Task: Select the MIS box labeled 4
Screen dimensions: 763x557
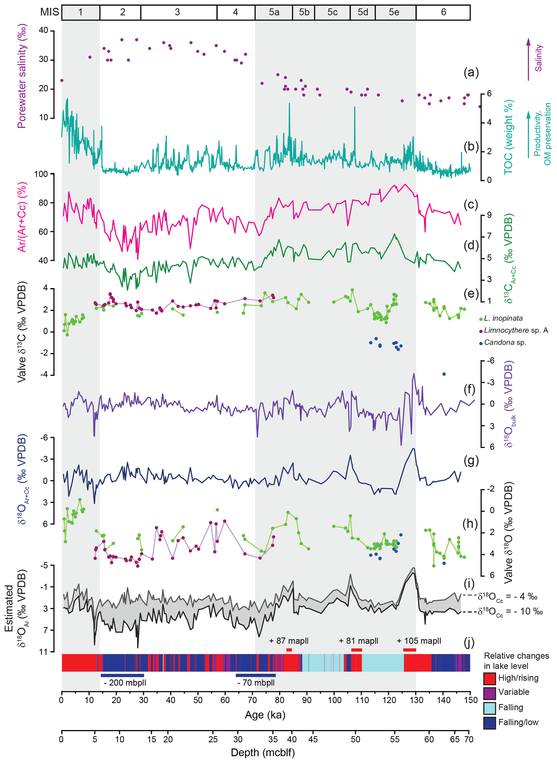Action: [x=236, y=12]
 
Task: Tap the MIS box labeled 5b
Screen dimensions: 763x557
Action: [x=303, y=12]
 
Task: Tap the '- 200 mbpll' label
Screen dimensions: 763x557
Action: [x=125, y=683]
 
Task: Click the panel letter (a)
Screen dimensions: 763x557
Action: [x=471, y=72]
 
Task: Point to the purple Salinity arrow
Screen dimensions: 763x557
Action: [x=528, y=59]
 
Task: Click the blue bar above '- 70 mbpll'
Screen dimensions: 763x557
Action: [x=255, y=675]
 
